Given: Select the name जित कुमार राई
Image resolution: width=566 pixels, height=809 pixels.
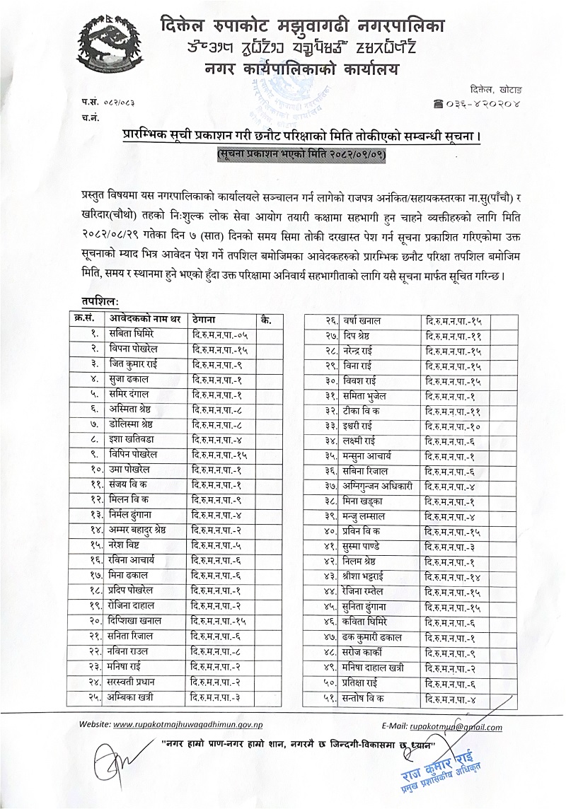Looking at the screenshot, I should pos(133,364).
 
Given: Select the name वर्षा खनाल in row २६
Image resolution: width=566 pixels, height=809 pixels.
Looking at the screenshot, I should pos(364,320).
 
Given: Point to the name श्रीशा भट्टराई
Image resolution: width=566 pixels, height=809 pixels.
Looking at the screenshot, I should pos(370,576).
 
